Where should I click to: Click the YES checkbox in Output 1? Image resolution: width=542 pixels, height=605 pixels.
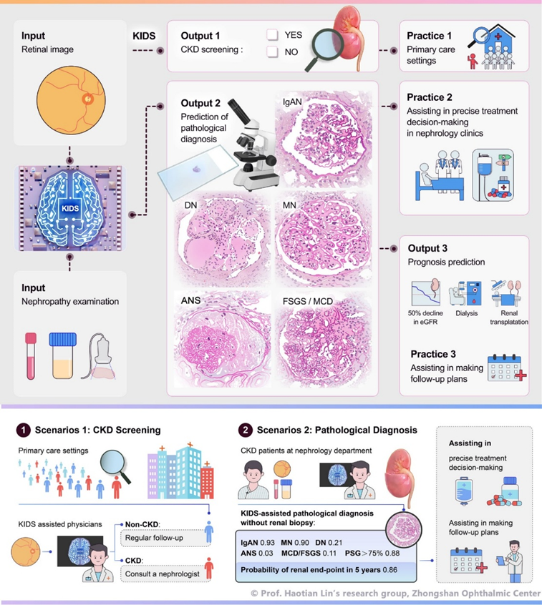(272, 34)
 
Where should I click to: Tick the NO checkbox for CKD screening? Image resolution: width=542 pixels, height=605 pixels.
(272, 52)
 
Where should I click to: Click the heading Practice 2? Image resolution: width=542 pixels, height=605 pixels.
(430, 97)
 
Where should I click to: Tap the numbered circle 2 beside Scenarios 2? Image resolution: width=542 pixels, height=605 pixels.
(247, 430)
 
